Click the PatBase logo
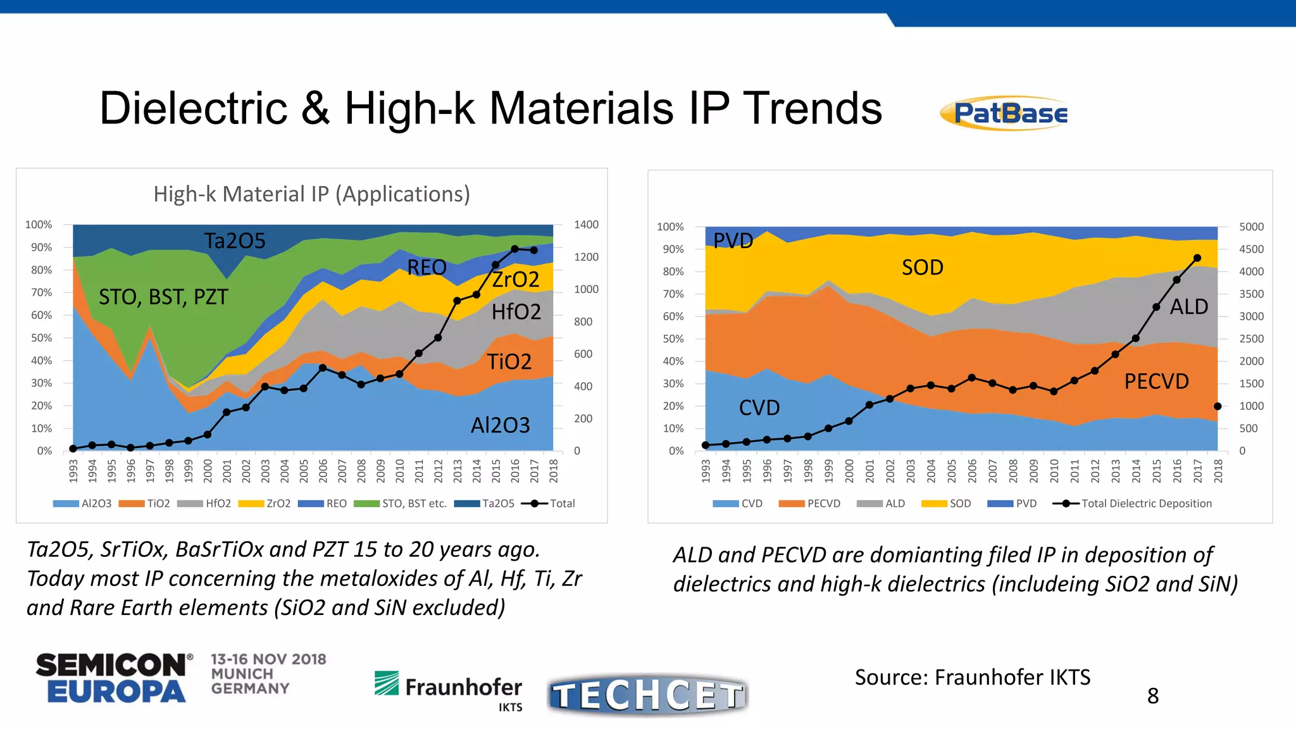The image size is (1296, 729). pos(1005,114)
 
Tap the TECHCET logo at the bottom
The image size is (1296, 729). pos(648,695)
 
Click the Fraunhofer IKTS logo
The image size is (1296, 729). pos(449,690)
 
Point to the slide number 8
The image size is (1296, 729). pos(1153,696)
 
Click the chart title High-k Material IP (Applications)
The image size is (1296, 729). pos(311,194)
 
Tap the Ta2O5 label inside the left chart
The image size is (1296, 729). pos(235,240)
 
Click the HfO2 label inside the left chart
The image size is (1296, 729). pos(516,311)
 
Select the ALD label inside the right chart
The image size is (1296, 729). pos(1189,306)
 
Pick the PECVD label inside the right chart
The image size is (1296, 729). pos(1156,381)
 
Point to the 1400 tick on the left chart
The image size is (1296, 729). pos(586,225)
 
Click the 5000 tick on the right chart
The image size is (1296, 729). pos(1251,227)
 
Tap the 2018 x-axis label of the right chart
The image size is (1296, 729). pos(1218,471)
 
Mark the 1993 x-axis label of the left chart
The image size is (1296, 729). pos(73,471)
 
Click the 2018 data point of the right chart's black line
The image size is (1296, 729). pos(1218,406)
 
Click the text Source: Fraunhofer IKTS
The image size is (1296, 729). pos(973,677)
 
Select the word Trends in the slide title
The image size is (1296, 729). pos(813,108)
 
